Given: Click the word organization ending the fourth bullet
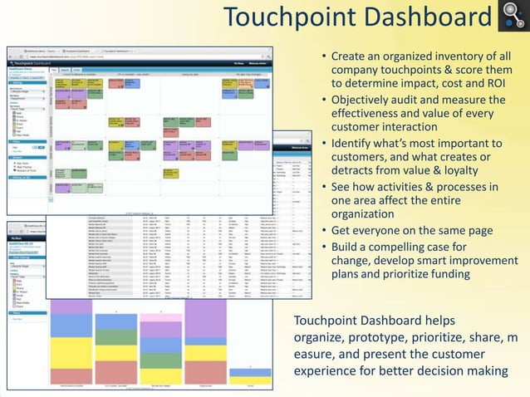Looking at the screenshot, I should click(367, 213).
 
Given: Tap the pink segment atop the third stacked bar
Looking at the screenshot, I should click(161, 317).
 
